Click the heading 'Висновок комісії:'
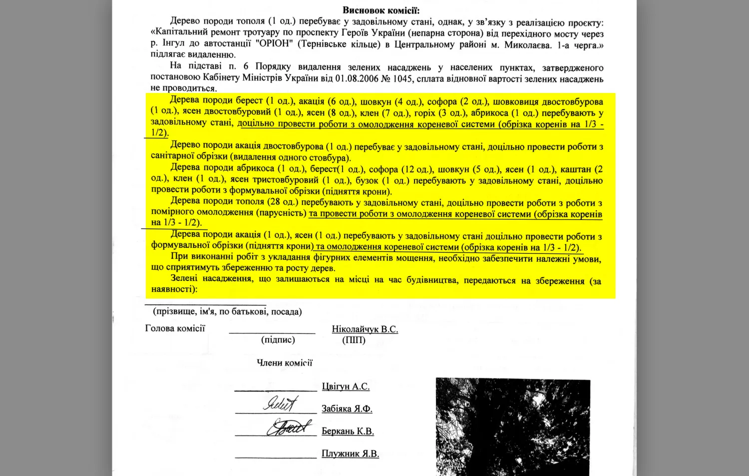[380, 10]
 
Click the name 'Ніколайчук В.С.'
[365, 329]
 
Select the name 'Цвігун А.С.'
[346, 386]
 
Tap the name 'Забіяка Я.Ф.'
[347, 409]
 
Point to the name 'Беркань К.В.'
[348, 431]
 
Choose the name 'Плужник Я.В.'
[350, 454]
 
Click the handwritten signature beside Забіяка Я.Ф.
[281, 403]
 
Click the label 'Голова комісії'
[175, 328]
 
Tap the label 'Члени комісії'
[284, 363]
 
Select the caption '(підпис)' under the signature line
[278, 340]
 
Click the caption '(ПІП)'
[354, 340]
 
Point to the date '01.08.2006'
[357, 78]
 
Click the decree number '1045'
[403, 78]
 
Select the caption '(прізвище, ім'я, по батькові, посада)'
[227, 311]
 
